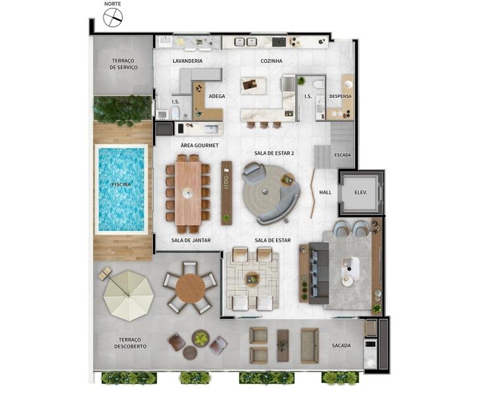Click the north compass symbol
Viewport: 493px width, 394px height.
coord(113,18)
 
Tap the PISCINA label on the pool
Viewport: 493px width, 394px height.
coord(121,185)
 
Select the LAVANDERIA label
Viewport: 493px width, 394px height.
coord(187,61)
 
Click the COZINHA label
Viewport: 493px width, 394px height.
coord(271,61)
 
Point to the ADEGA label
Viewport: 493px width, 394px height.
coord(217,96)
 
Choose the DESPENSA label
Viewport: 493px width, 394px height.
coord(340,96)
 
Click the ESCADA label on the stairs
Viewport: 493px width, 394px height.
coord(342,155)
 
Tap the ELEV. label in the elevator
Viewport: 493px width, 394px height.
coord(361,192)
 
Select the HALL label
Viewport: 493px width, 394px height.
coord(325,192)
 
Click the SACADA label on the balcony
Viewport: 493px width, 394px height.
coord(341,345)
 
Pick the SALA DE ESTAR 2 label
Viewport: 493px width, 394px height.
coord(274,153)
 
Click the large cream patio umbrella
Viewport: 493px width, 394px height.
coord(128,295)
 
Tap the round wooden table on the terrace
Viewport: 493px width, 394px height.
coord(190,288)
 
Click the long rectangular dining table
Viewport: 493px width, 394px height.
coord(188,193)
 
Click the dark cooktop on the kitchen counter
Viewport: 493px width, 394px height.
coord(279,42)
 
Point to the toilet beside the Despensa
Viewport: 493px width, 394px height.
coord(319,84)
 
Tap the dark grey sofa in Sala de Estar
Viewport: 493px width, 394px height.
coord(319,273)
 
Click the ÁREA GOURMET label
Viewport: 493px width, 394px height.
coord(200,146)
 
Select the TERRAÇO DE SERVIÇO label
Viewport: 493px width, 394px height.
coord(124,64)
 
